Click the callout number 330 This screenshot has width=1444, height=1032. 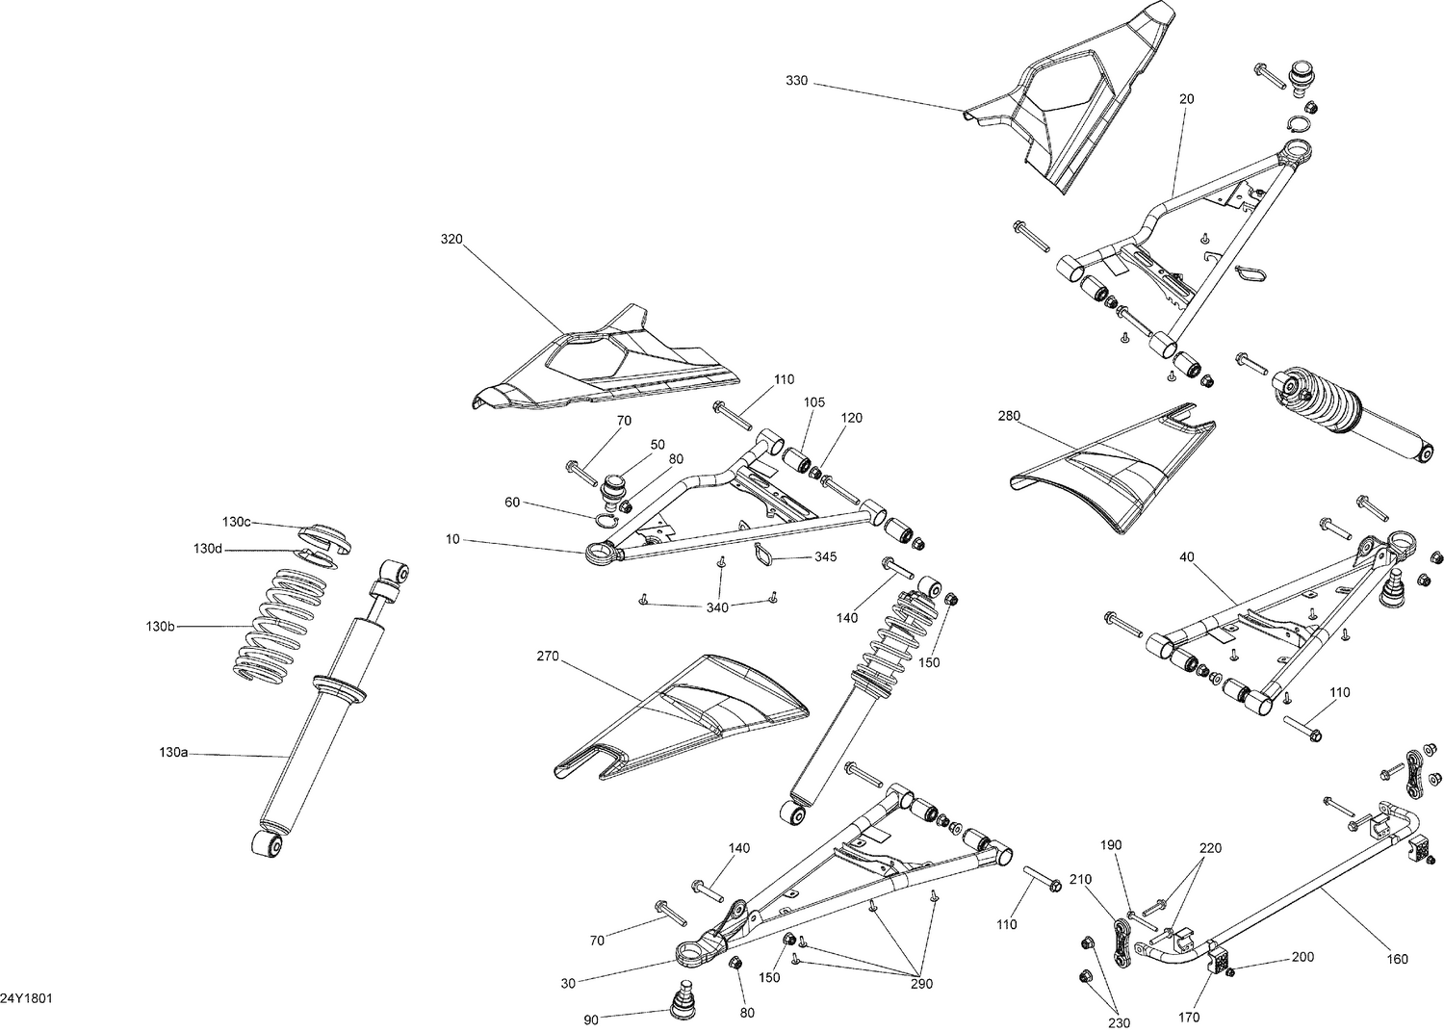[796, 82]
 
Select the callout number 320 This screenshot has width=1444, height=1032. [451, 238]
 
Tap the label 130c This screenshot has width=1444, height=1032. [236, 522]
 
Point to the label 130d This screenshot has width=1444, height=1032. [207, 549]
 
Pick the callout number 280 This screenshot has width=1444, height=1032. [1009, 416]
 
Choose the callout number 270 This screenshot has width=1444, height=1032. [547, 657]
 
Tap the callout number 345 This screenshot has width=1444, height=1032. [825, 557]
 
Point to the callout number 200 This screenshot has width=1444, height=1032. [1302, 959]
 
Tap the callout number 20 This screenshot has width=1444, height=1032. [1186, 99]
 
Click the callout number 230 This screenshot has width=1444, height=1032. [1120, 1023]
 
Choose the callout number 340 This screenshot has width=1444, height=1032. [717, 607]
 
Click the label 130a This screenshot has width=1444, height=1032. [172, 752]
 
